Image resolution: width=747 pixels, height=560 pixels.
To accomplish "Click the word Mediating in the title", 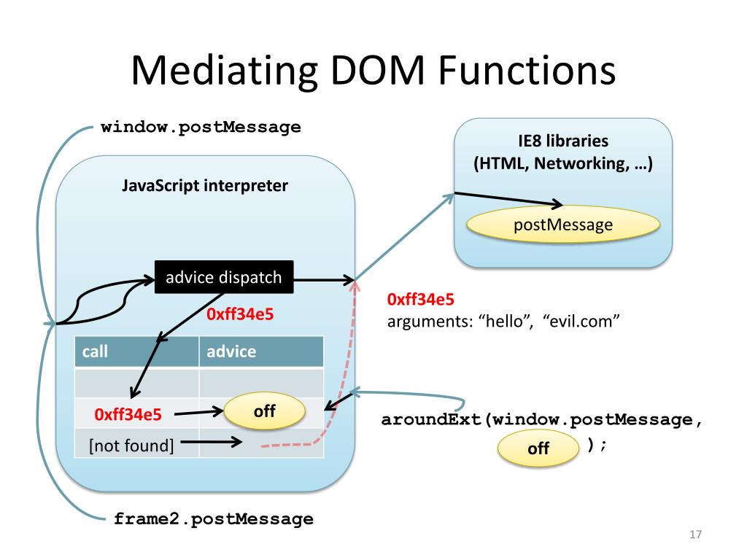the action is [x=225, y=71].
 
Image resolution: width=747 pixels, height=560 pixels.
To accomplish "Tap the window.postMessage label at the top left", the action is [x=201, y=127].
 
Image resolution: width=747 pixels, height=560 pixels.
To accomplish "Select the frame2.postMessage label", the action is [x=214, y=518].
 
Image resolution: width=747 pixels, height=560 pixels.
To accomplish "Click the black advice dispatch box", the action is [x=224, y=276].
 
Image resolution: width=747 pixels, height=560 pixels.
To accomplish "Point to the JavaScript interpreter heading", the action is [x=205, y=185].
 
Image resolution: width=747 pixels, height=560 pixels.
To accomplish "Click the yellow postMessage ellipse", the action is [x=563, y=225].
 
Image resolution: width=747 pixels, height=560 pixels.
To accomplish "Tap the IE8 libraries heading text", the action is [x=563, y=141].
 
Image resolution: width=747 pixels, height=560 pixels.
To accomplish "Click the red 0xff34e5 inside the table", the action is [x=128, y=414].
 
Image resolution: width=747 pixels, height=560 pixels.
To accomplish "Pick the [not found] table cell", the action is [x=131, y=446].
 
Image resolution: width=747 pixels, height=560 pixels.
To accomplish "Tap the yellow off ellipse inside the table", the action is [x=264, y=411].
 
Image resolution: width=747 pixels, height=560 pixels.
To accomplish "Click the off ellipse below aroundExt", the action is [x=538, y=448].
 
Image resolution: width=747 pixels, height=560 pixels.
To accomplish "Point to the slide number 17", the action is [x=695, y=534].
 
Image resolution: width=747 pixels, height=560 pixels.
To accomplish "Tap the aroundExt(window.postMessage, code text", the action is [x=542, y=419].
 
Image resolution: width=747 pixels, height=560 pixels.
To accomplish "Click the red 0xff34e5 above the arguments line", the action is [x=421, y=300].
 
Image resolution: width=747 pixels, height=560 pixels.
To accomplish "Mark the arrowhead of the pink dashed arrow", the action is [x=355, y=285].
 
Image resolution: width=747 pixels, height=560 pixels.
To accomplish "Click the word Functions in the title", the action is [x=527, y=71].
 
